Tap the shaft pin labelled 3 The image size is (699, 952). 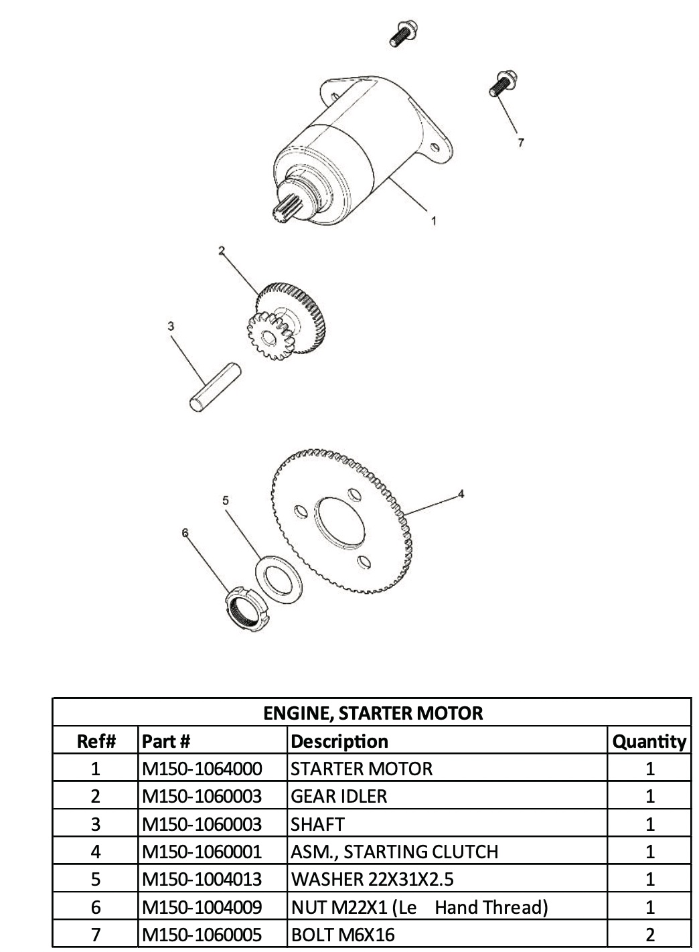(x=214, y=386)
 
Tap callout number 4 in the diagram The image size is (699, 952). (x=461, y=494)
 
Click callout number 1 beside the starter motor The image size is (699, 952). (x=434, y=220)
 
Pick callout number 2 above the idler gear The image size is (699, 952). (x=222, y=250)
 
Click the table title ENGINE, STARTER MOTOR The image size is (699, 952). (x=372, y=713)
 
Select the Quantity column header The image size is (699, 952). (x=649, y=741)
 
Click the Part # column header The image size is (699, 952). (x=167, y=741)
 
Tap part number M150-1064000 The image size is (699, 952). (x=202, y=769)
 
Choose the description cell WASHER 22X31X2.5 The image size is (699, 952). (x=372, y=879)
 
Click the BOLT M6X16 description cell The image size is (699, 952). (x=343, y=935)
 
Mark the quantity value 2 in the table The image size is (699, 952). (x=649, y=935)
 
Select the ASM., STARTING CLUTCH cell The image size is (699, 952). (x=394, y=852)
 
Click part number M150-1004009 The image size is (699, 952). (x=202, y=907)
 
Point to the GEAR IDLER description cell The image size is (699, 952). (x=339, y=797)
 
